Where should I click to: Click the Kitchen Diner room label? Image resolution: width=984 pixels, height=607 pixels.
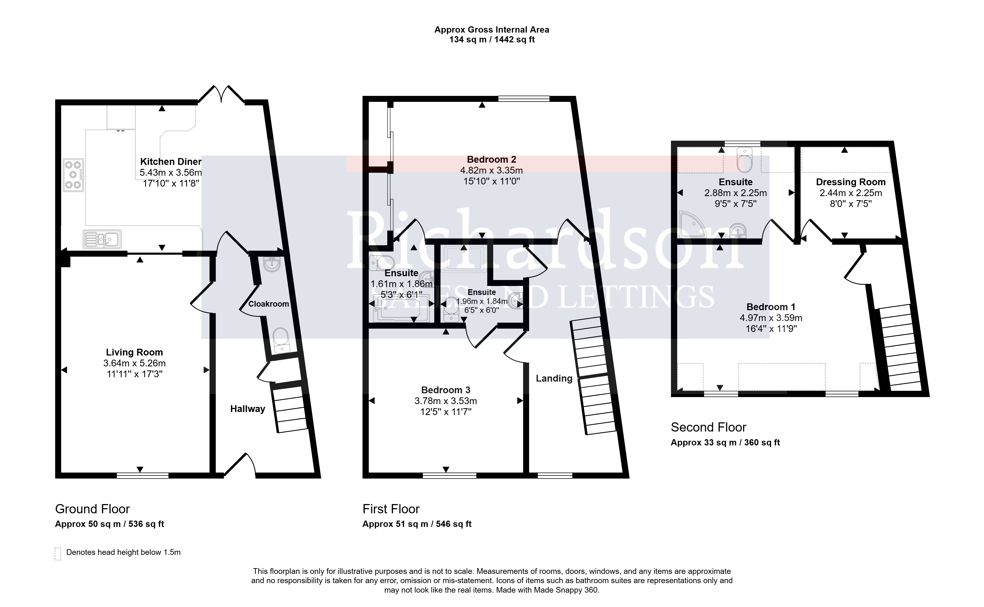[171, 162]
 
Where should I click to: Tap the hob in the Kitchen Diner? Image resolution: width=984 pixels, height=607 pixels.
[73, 175]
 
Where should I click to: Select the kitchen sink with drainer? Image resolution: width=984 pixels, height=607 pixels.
[102, 239]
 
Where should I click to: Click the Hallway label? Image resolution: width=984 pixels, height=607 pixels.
[247, 409]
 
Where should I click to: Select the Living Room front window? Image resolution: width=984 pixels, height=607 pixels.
[143, 476]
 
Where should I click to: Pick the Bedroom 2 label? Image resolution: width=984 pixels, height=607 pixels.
[491, 159]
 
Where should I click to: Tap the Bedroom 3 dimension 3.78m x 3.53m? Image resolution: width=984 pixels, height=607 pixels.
[446, 401]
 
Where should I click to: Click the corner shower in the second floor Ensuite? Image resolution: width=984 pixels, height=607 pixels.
[692, 224]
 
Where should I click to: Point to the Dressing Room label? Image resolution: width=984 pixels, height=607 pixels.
[851, 182]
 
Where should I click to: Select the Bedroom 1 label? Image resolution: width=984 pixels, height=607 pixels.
[771, 307]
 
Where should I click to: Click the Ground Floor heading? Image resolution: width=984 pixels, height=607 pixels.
[92, 509]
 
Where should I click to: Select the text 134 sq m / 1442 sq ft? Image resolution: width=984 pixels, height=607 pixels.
[492, 40]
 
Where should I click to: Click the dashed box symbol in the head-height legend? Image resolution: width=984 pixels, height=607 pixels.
[58, 553]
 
